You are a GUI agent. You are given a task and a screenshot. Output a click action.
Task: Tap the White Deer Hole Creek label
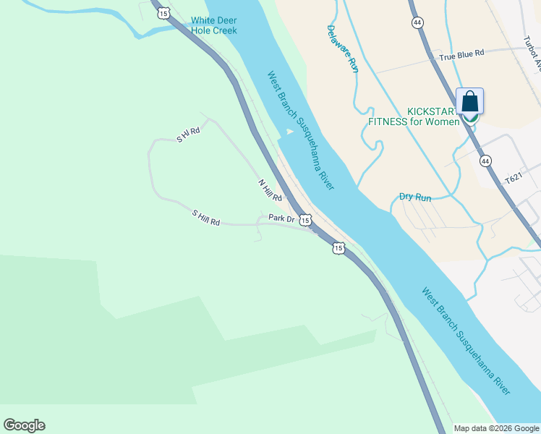214,26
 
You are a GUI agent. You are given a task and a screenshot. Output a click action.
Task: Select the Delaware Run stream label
342,49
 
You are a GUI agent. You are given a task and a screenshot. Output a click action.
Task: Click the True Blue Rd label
464,54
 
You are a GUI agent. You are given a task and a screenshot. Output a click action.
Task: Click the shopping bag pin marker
469,103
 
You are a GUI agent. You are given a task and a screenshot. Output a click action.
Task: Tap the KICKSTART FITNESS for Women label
414,116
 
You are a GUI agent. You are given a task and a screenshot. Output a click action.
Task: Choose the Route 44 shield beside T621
485,161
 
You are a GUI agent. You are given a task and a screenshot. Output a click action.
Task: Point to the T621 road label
513,178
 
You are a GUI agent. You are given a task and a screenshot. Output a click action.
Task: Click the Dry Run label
415,197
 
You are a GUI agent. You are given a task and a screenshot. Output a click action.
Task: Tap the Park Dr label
281,218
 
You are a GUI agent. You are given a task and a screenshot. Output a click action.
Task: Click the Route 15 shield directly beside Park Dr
305,219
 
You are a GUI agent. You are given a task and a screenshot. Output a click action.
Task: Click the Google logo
24,425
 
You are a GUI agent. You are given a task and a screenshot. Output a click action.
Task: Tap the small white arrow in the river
289,132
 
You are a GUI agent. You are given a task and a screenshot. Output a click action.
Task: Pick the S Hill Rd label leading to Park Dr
205,217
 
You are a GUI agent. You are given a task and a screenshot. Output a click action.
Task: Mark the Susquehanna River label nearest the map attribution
467,341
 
